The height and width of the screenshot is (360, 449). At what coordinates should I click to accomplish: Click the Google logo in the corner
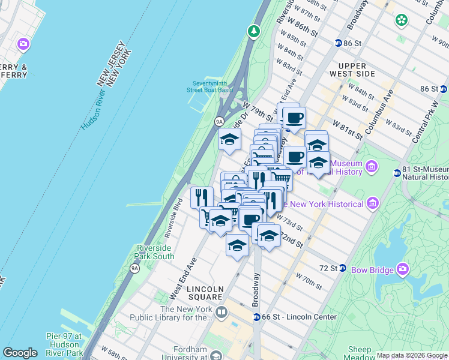[x=20, y=353]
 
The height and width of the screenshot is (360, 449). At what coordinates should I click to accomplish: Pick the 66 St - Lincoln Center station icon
[x=256, y=316]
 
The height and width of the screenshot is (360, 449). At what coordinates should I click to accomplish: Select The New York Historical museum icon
[x=373, y=204]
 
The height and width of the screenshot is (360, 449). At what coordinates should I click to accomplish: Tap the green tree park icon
[x=255, y=31]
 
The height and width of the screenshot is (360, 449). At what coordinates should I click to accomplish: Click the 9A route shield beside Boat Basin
[x=220, y=121]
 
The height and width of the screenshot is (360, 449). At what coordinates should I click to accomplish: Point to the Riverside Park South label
[x=155, y=252]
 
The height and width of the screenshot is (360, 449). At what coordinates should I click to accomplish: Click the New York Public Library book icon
[x=221, y=312]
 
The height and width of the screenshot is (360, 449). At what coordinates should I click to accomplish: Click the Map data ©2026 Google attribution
[x=412, y=355]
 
